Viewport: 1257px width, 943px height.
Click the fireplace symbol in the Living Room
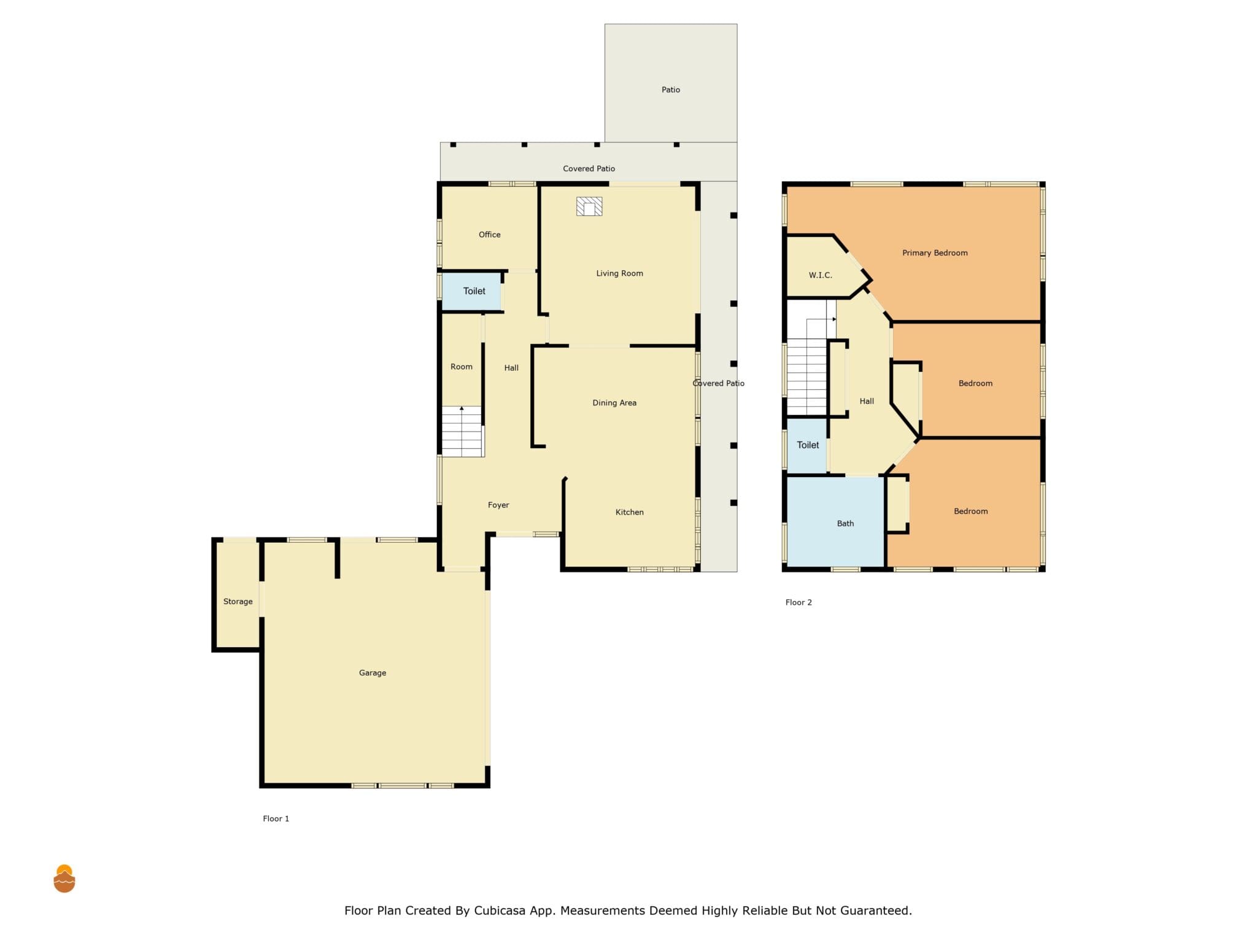click(x=589, y=206)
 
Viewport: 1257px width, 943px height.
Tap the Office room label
click(x=490, y=235)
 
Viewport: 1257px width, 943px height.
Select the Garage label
click(x=373, y=673)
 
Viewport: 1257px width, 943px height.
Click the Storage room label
click(x=238, y=602)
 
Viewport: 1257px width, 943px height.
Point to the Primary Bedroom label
click(x=935, y=253)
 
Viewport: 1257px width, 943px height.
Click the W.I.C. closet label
click(x=821, y=275)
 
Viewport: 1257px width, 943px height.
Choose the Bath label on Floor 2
click(x=845, y=524)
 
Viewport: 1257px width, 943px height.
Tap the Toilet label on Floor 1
click(x=474, y=291)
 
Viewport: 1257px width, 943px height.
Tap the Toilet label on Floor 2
click(x=808, y=445)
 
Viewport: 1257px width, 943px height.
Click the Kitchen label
click(x=630, y=512)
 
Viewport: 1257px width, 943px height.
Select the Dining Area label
click(x=614, y=403)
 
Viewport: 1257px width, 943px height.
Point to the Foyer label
click(x=498, y=505)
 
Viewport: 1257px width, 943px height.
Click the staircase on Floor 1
click(x=463, y=432)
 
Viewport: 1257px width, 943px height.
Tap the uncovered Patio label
click(x=671, y=90)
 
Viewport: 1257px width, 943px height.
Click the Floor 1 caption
click(x=276, y=818)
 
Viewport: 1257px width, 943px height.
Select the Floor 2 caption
click(x=799, y=602)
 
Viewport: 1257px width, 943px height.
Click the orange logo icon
click(x=64, y=879)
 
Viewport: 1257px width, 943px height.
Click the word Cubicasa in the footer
click(x=500, y=910)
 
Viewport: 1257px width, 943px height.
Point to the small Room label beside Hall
click(x=462, y=367)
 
